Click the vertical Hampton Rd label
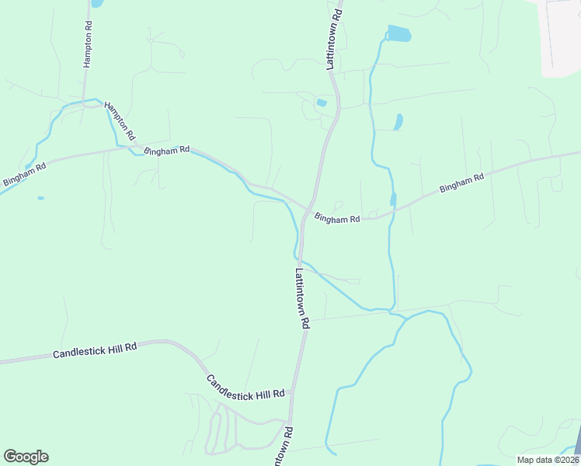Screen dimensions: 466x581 [x=88, y=44]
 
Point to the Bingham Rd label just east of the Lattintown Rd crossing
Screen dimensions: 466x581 [x=337, y=220]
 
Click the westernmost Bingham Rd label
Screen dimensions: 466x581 [x=24, y=173]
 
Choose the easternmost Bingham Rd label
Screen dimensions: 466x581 [x=461, y=183]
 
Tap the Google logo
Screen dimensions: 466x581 [x=26, y=457]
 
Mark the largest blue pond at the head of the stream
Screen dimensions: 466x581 [x=398, y=33]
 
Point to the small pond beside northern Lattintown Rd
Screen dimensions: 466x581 [x=322, y=103]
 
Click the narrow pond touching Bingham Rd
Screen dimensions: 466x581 [x=394, y=200]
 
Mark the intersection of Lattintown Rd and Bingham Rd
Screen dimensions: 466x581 [x=308, y=209]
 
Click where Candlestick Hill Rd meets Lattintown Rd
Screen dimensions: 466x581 [x=292, y=397]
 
